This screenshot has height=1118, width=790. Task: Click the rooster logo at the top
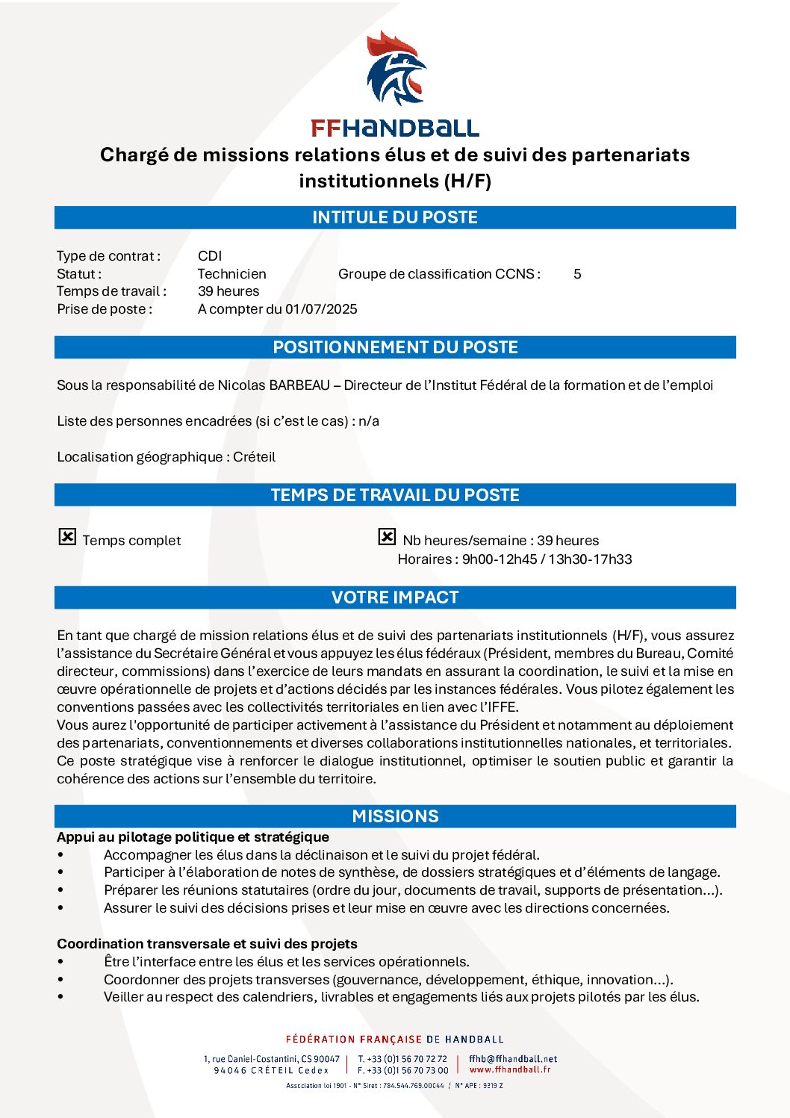click(396, 69)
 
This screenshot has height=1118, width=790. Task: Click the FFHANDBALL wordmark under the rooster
click(395, 128)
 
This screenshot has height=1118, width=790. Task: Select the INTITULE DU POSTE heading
click(395, 217)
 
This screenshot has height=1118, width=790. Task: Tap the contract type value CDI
click(210, 256)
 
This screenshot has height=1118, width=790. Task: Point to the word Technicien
click(231, 274)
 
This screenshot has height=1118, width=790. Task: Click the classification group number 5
click(577, 274)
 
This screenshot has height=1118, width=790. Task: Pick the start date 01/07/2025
click(321, 309)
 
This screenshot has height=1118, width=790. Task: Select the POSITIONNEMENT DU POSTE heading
click(395, 347)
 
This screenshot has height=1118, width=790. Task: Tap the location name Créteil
click(254, 457)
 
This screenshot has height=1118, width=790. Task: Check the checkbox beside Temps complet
click(67, 537)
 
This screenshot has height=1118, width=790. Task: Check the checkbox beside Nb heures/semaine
click(387, 537)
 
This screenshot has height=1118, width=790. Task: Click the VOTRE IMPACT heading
click(395, 597)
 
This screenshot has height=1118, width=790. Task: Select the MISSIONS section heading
click(395, 816)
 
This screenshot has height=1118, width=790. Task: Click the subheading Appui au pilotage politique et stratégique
click(193, 837)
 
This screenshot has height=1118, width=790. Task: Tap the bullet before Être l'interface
click(60, 962)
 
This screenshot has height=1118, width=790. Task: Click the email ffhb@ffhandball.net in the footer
click(513, 1059)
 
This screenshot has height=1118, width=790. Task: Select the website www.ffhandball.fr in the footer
click(510, 1069)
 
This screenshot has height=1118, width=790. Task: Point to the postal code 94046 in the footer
click(230, 1070)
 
